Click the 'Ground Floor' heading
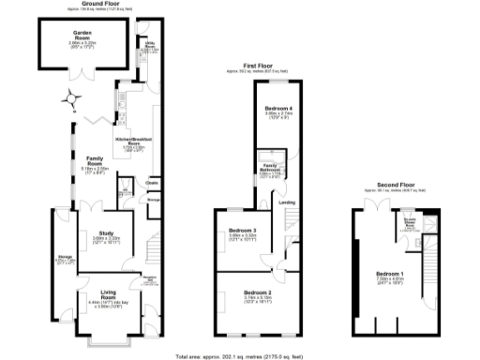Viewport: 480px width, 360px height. coord(104,4)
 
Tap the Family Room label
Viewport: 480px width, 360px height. coord(94,158)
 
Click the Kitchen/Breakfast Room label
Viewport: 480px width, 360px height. coord(131,140)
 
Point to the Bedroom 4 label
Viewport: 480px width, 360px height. coord(278,109)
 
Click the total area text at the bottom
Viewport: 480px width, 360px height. coord(239,356)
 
